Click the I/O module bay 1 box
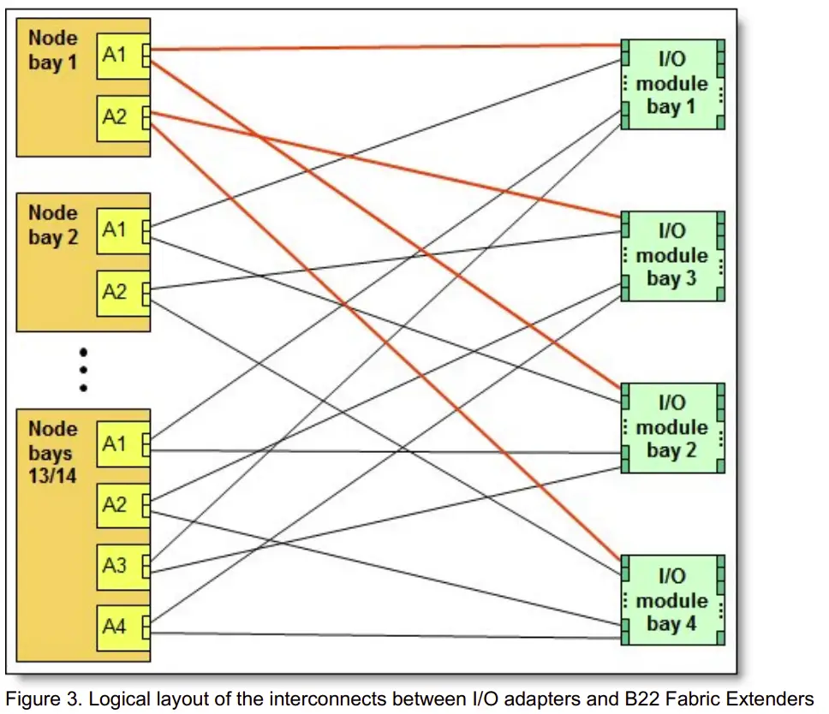(673, 84)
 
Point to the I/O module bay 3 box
(673, 255)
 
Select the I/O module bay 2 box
(673, 427)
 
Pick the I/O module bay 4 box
(673, 600)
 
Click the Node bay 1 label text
(52, 51)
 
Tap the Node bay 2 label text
(52, 225)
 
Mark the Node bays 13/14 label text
(52, 452)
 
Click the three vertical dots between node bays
(83, 369)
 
